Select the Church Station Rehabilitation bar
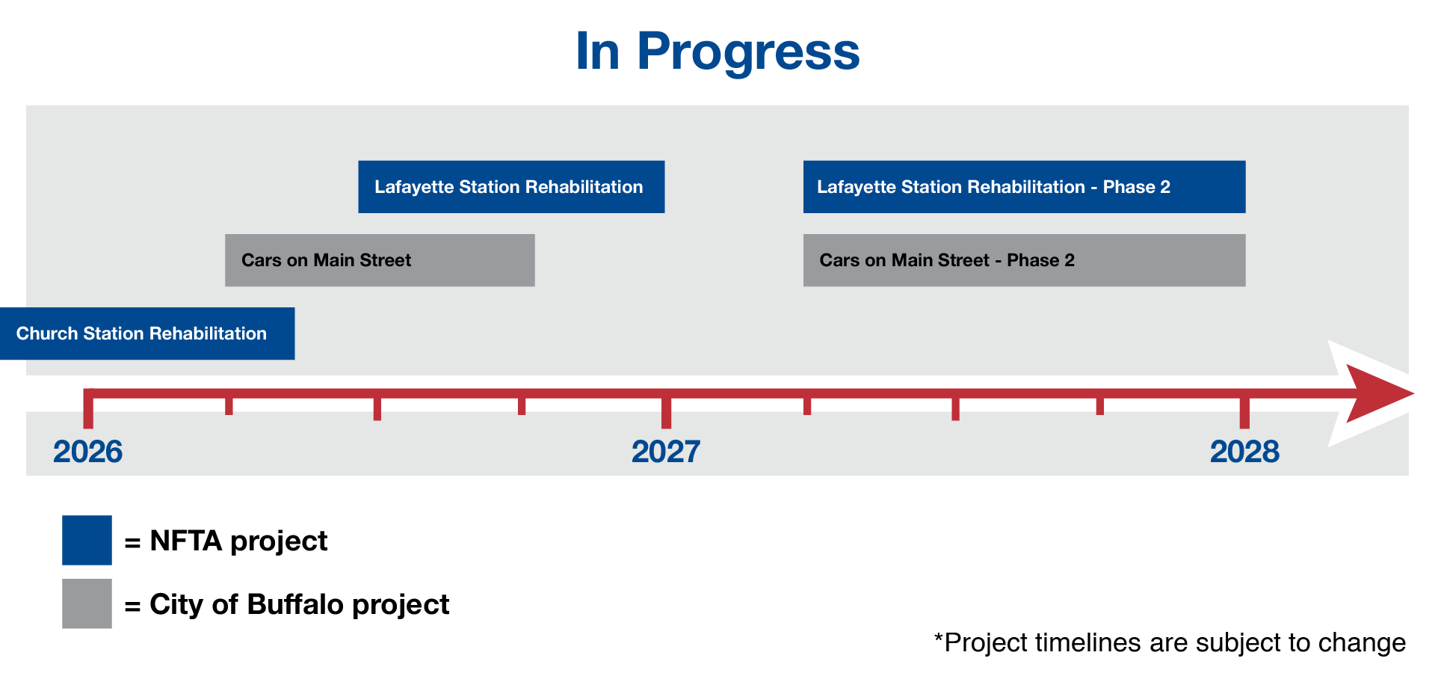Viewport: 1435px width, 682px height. pos(147,334)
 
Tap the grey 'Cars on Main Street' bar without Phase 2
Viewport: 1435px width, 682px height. pos(380,260)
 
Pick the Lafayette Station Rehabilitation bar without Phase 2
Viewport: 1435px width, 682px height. pos(511,187)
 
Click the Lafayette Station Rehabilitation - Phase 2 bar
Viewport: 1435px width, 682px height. pos(1025,187)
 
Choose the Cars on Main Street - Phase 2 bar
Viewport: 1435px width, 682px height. pos(1025,260)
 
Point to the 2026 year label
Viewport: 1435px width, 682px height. pos(87,452)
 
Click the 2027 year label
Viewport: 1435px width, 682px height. pos(666,452)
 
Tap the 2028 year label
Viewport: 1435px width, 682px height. pos(1244,452)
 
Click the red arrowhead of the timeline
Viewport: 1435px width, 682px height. pos(1375,393)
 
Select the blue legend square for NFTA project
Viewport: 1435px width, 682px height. pos(87,540)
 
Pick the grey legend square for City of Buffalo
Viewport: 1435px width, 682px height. pos(87,603)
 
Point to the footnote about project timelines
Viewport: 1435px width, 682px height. pos(1170,642)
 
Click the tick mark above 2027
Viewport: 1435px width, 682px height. pos(666,409)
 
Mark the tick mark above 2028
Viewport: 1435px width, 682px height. pos(1244,409)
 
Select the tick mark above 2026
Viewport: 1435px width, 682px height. pos(88,409)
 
